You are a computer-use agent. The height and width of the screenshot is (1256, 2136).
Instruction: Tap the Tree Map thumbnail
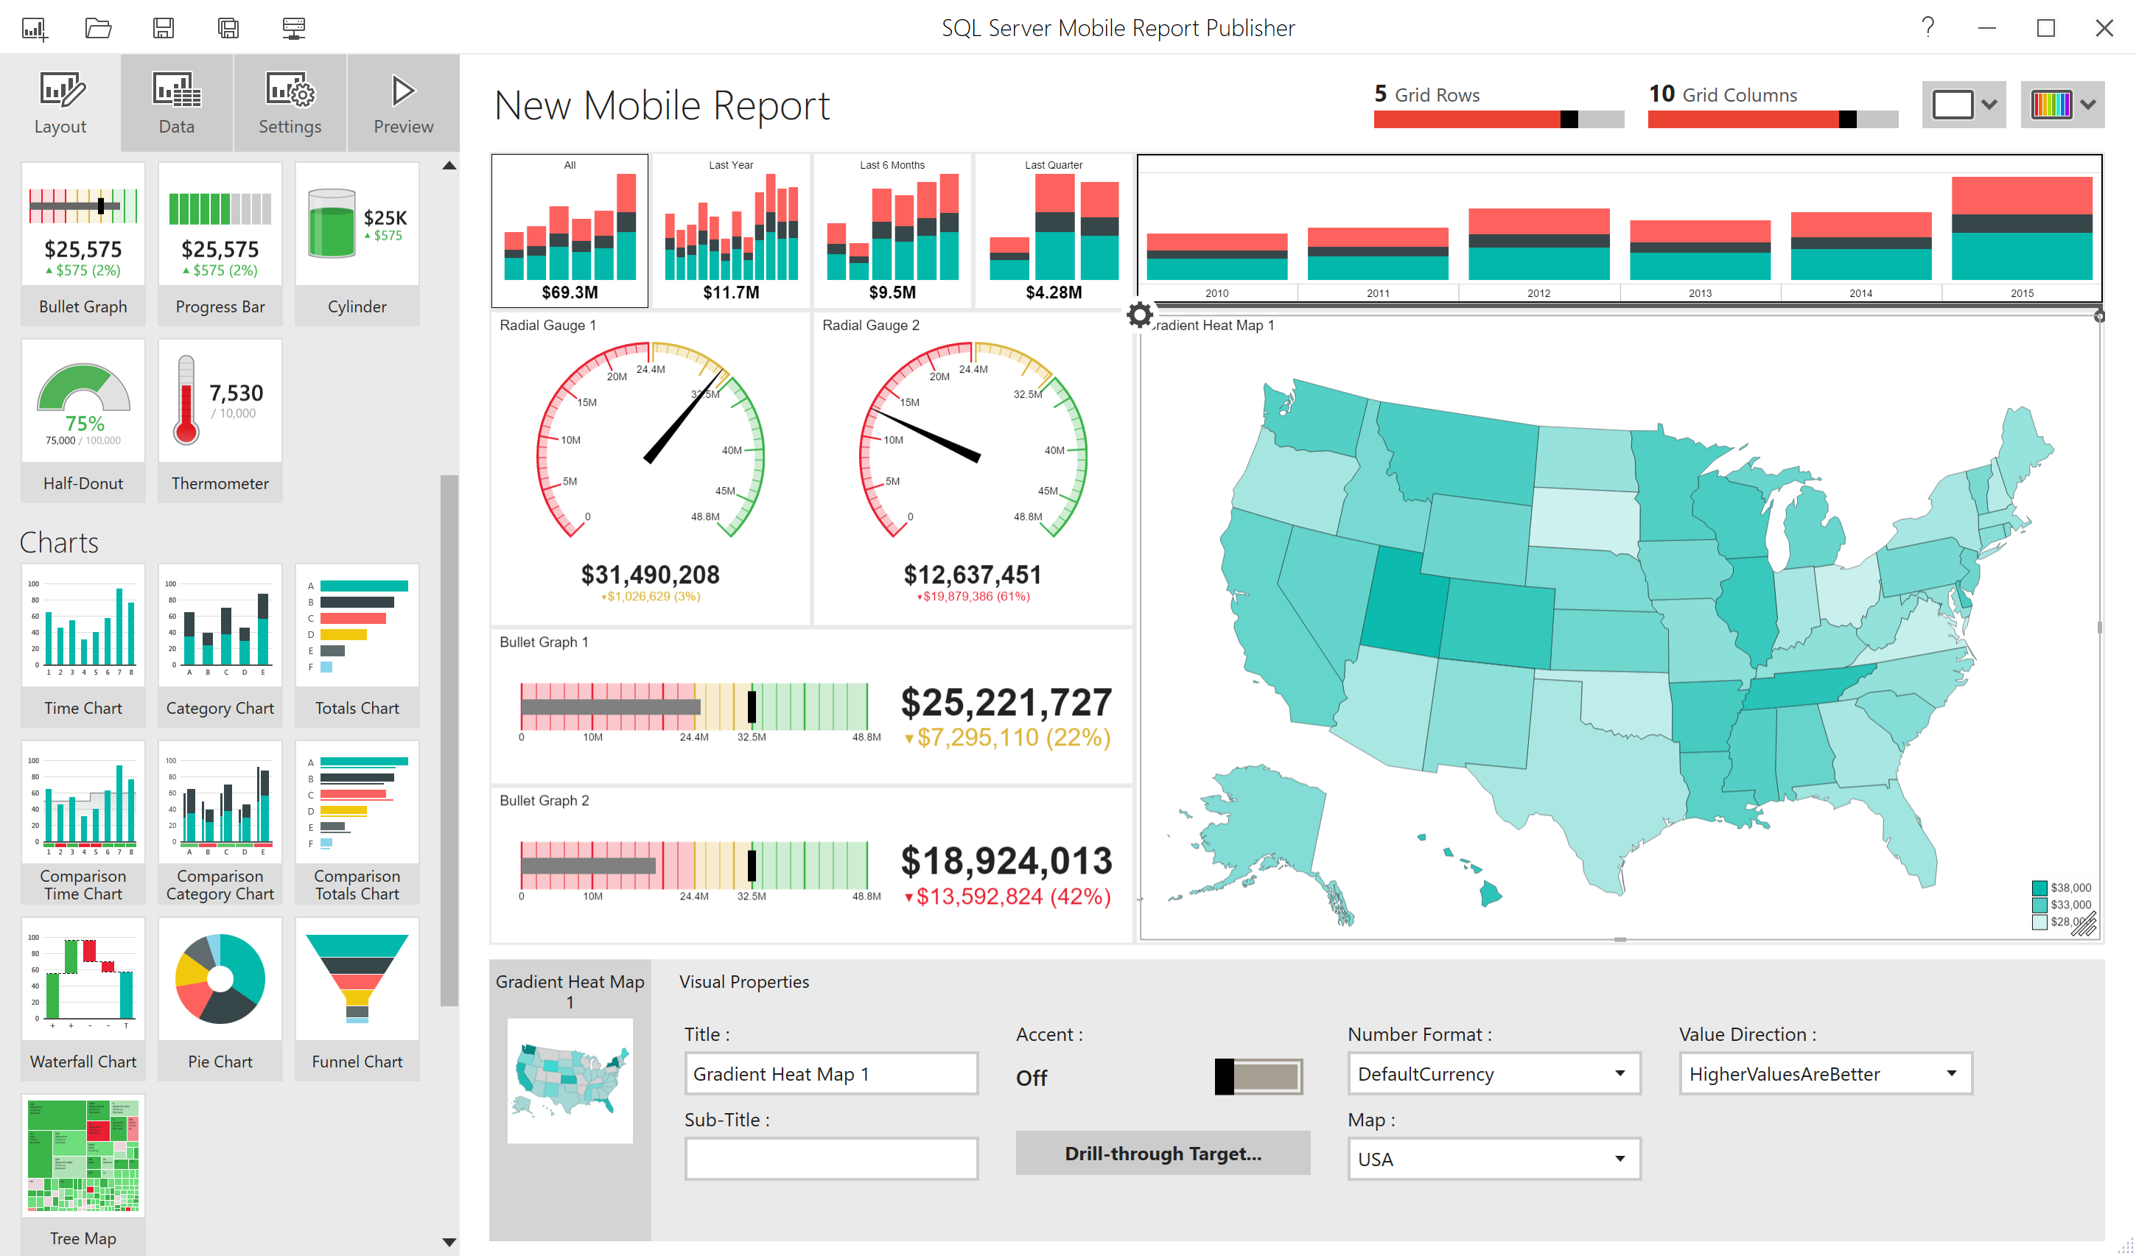(83, 1156)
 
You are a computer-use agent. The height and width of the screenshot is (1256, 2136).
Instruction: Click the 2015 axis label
(2022, 293)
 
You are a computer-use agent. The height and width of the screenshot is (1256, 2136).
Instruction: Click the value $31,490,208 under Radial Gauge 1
(650, 575)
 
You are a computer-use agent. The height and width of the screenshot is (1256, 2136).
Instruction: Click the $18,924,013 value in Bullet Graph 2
(1006, 861)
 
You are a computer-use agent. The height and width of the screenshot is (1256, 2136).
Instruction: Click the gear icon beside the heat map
(1140, 315)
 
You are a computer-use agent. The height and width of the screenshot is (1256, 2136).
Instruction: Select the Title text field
(830, 1074)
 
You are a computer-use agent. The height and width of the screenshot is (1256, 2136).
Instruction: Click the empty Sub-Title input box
(830, 1159)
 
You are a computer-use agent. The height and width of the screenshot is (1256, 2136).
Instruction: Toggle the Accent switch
(1258, 1076)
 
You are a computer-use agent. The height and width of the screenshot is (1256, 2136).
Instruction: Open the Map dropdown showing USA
(1494, 1159)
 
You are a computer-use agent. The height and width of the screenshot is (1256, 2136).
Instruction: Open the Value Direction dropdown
(1825, 1074)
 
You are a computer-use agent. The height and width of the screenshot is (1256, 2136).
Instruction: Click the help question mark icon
(1928, 27)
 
